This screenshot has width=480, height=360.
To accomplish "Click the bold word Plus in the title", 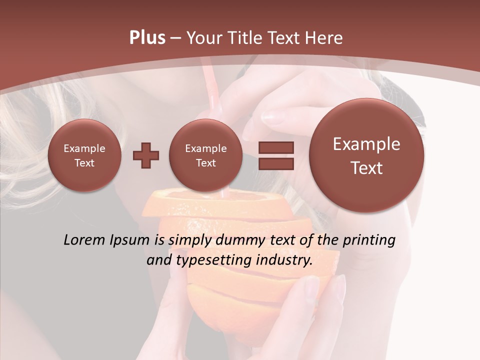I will (147, 38).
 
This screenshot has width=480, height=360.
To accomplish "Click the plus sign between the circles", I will (146, 155).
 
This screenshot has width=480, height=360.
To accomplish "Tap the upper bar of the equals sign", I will (276, 147).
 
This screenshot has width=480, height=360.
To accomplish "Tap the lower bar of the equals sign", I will (276, 163).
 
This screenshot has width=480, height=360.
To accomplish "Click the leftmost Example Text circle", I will (84, 155).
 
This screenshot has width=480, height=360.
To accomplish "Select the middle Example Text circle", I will (206, 155).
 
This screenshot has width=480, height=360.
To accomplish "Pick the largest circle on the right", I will (366, 155).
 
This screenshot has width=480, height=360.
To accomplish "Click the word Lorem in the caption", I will (82, 240).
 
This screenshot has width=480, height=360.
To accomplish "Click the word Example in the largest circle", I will (366, 144).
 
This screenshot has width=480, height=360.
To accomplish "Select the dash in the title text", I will (175, 38).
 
